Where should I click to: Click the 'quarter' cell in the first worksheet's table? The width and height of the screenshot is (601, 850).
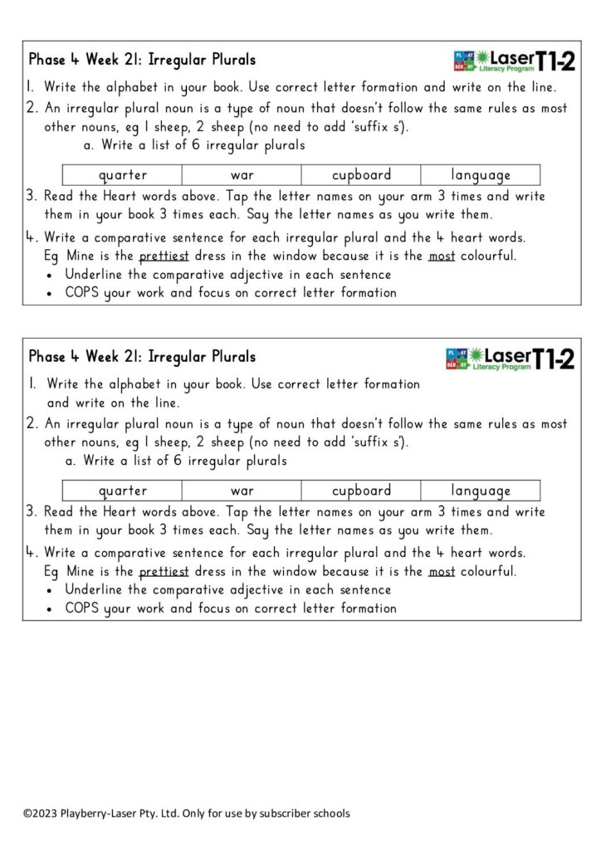(123, 175)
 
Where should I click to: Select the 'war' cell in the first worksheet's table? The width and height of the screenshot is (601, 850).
(242, 175)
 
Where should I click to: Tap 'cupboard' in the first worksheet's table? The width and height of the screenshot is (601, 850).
(361, 175)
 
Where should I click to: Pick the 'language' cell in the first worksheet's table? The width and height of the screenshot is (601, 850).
(481, 175)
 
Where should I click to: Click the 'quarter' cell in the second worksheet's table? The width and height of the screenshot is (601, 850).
(123, 491)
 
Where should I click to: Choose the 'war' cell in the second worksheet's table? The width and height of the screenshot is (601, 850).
(242, 491)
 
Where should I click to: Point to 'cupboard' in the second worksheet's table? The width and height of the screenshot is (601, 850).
(361, 491)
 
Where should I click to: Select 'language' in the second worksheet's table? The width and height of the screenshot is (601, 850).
(481, 491)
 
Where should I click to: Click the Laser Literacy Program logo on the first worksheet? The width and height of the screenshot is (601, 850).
(515, 60)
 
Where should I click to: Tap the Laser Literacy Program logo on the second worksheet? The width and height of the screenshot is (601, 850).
(515, 359)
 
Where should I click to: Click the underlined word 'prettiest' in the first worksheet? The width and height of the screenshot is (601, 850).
(164, 256)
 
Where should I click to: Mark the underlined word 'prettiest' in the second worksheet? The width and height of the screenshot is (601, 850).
(164, 571)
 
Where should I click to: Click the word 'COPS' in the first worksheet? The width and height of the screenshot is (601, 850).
(82, 292)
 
